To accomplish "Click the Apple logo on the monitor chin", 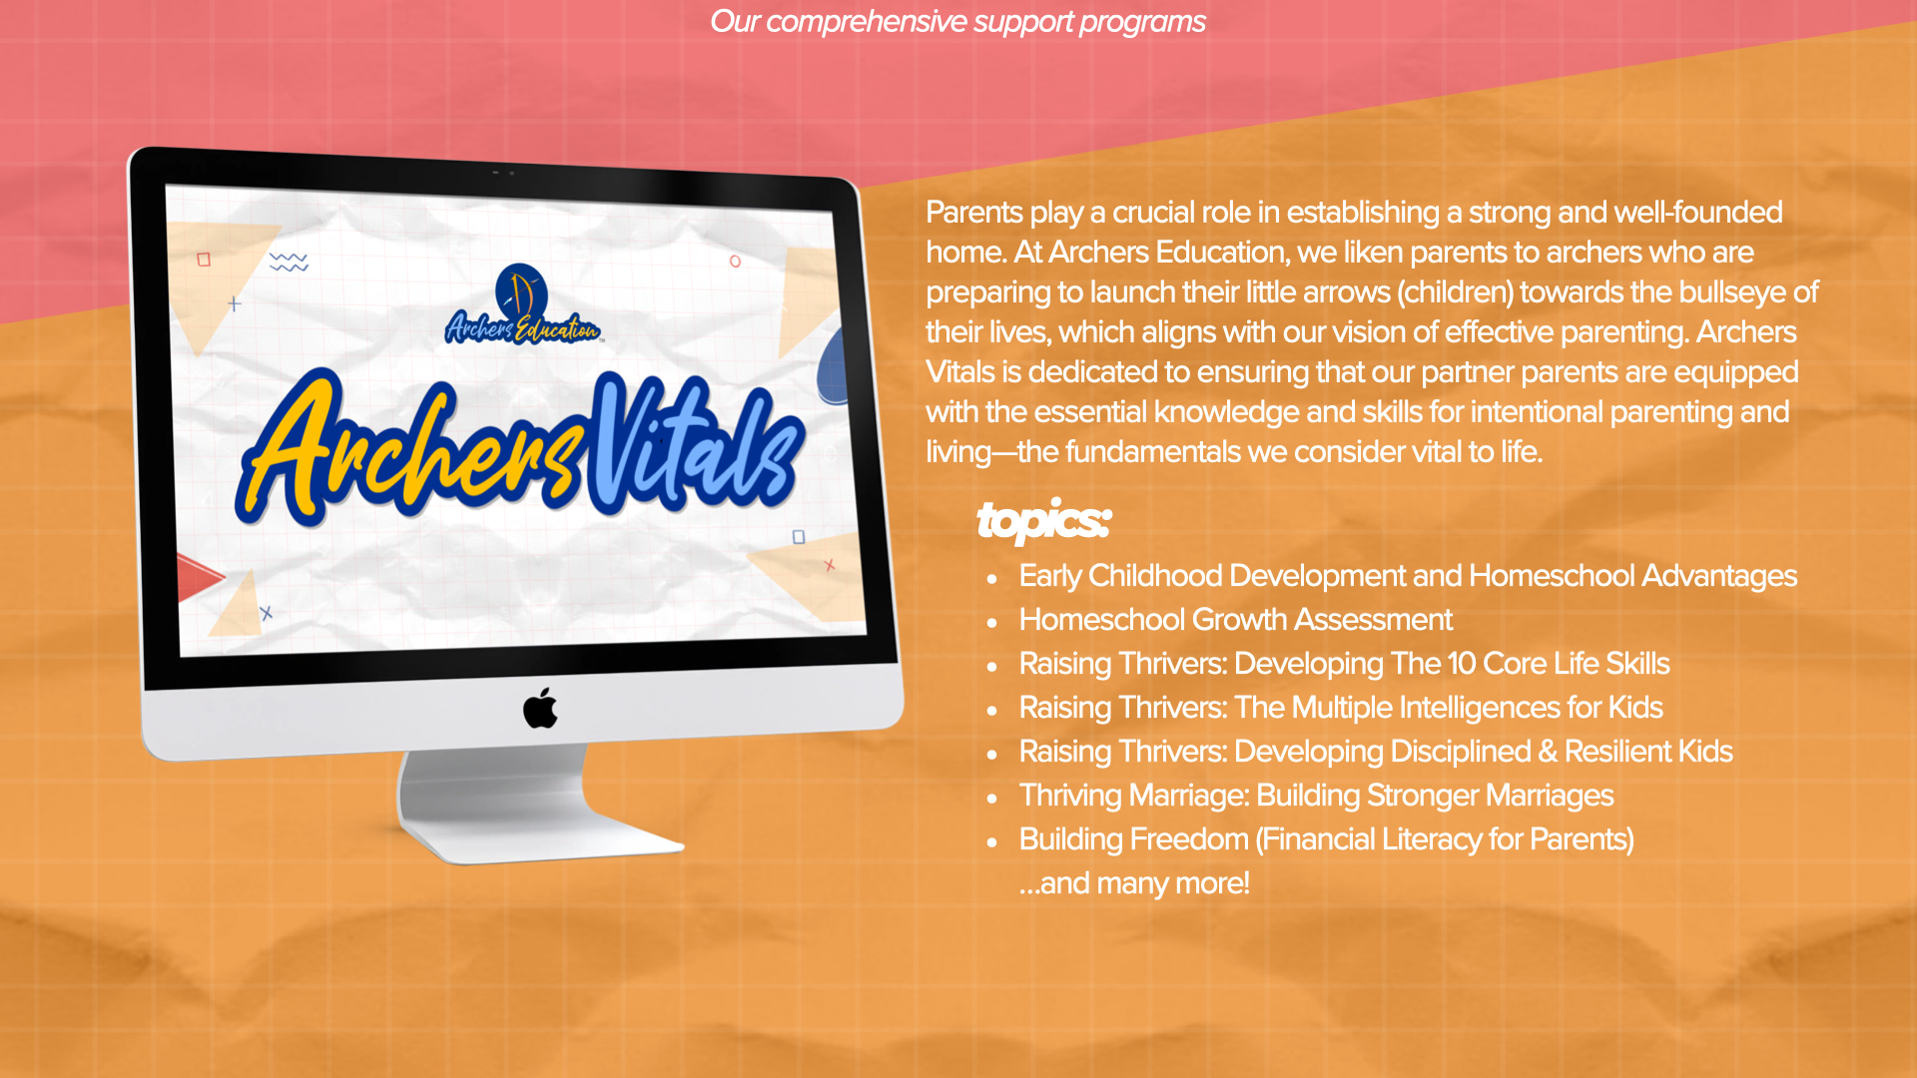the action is click(x=540, y=708).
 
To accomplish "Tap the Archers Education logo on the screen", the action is click(x=522, y=305).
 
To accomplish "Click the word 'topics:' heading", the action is click(x=1043, y=520).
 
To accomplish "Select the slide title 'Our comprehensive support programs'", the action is click(x=958, y=21).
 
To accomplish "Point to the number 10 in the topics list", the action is click(x=1462, y=664).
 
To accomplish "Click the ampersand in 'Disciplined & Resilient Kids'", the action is click(x=1548, y=752).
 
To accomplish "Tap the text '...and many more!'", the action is click(x=1134, y=883).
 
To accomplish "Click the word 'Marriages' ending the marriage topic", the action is click(x=1550, y=796).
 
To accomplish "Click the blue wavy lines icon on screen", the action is click(x=289, y=262).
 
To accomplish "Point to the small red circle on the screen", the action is click(x=735, y=262).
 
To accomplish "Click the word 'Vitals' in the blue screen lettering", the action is click(x=696, y=445).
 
